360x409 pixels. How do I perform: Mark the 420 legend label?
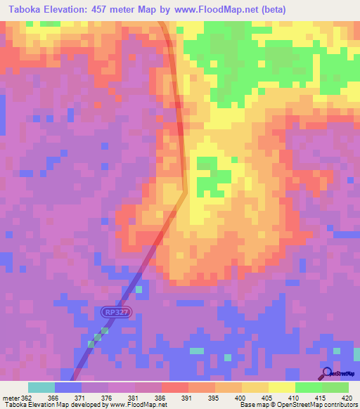[x=348, y=397]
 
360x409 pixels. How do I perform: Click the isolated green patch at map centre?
[x=207, y=176]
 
